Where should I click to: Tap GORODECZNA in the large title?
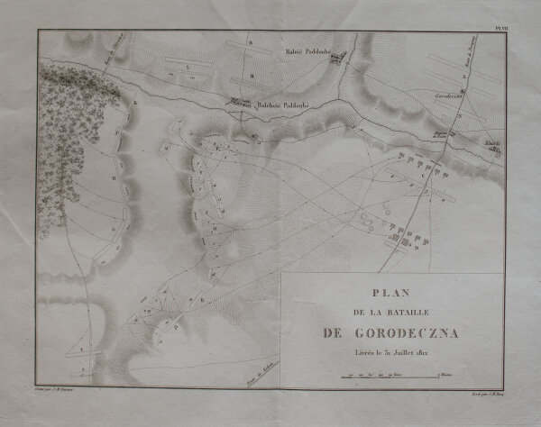coord(404,333)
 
